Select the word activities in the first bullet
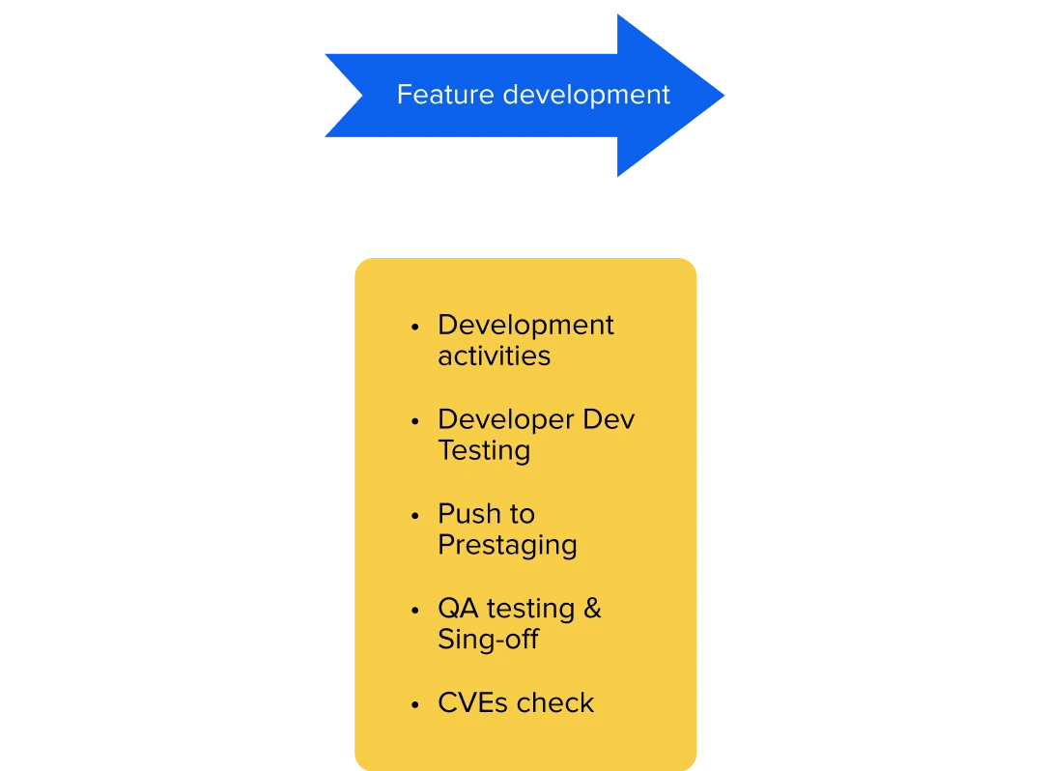[x=494, y=356]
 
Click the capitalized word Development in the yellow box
[x=525, y=326]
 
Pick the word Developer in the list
[x=506, y=420]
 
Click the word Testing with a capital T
[x=484, y=450]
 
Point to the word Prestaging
[x=507, y=545]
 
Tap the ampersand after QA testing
[x=591, y=609]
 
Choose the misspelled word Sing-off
[x=488, y=639]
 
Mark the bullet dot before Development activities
[x=415, y=327]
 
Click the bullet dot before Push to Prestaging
[x=415, y=515]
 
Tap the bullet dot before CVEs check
[x=415, y=703]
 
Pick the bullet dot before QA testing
[x=415, y=610]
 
